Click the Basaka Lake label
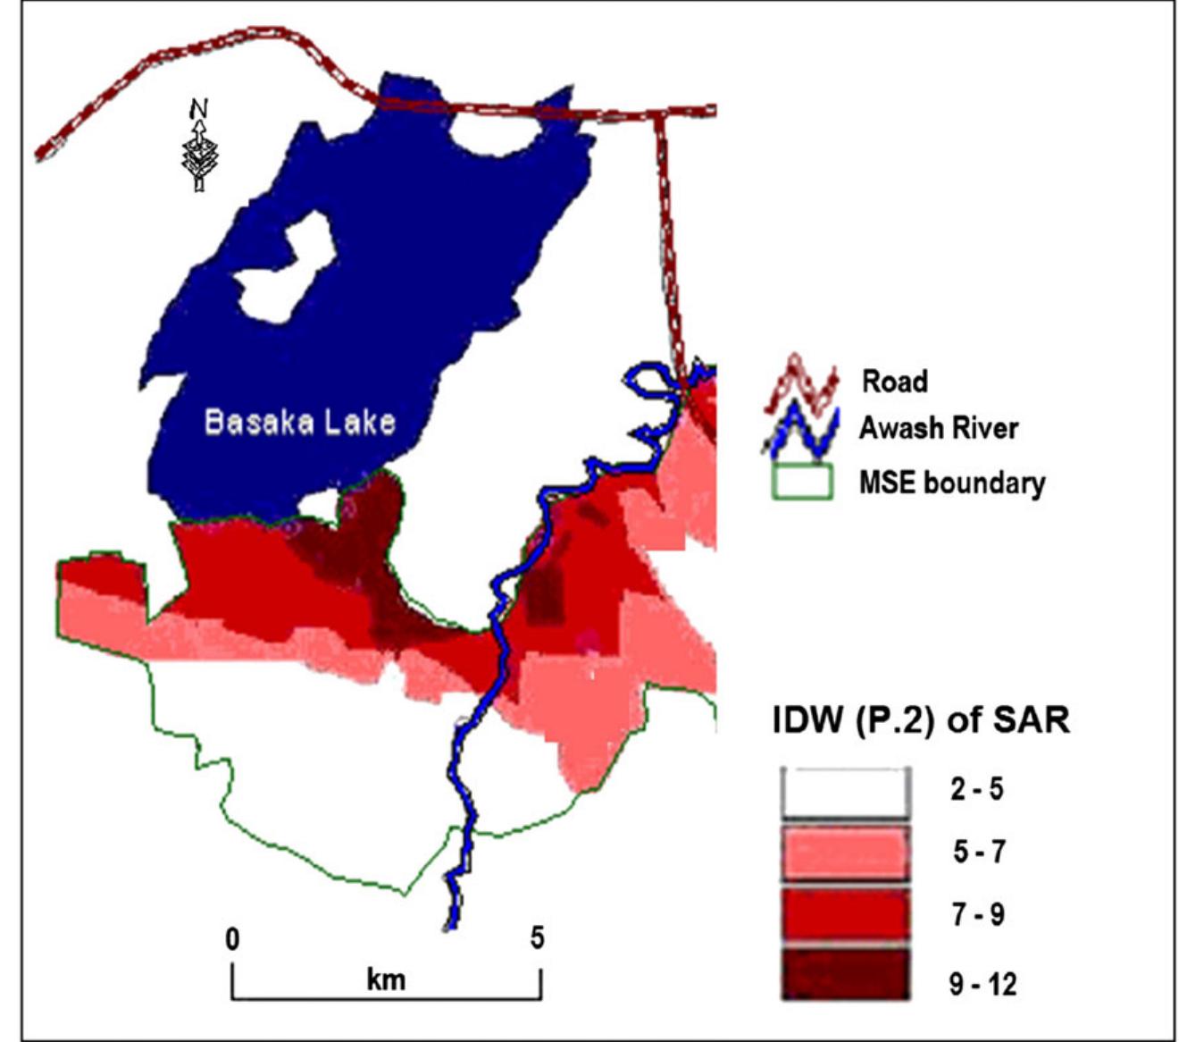click(299, 421)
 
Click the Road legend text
click(894, 382)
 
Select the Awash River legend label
click(938, 428)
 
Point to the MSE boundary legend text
click(951, 483)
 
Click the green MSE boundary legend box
click(801, 482)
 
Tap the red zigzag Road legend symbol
click(801, 386)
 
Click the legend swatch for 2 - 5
click(845, 792)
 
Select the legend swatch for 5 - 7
click(845, 853)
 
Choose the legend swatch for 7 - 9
click(845, 915)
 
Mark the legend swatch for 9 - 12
click(845, 974)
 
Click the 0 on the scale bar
click(232, 939)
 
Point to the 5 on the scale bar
click(537, 937)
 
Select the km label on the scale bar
click(386, 979)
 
